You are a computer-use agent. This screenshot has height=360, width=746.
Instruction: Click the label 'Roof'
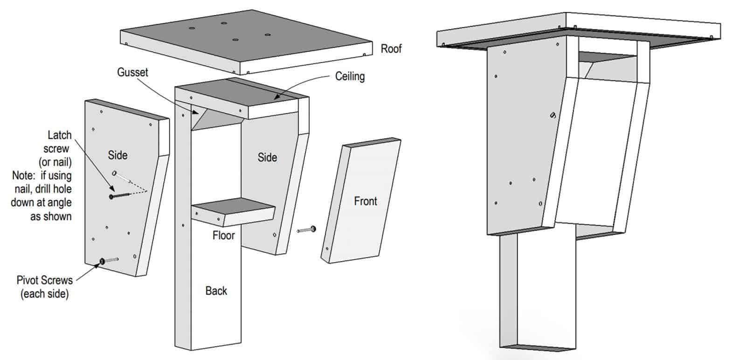tap(391, 48)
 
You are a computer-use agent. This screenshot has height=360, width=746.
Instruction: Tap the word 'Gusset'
tap(132, 72)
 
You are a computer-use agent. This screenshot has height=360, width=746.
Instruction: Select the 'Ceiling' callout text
tap(350, 76)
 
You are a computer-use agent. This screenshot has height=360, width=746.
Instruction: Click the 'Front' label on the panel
tap(365, 201)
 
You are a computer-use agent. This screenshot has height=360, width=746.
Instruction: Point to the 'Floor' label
tap(223, 235)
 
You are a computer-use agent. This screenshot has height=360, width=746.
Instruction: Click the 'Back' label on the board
tap(216, 291)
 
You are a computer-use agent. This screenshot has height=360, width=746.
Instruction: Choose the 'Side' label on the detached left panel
tap(117, 155)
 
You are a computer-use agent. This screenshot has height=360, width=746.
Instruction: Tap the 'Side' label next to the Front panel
tap(267, 157)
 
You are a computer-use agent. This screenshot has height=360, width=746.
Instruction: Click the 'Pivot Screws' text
tap(45, 280)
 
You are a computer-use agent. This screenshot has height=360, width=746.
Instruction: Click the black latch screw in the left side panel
tap(111, 196)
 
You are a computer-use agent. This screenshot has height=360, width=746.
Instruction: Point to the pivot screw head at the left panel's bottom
tap(101, 262)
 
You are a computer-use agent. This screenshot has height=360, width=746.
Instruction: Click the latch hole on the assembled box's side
tap(553, 115)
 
